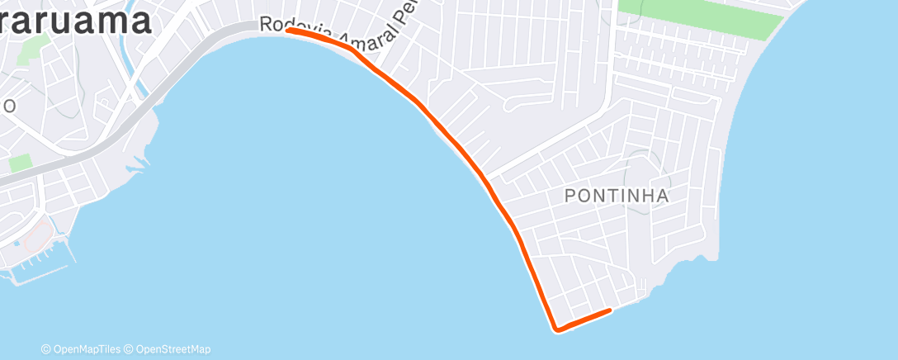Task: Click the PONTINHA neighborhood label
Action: point(616,196)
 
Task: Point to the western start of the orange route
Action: point(289,31)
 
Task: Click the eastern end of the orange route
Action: point(609,310)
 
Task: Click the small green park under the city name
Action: point(30,50)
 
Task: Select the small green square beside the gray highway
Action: point(21,162)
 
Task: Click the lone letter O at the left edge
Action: point(8,107)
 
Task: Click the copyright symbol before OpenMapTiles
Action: point(46,349)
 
